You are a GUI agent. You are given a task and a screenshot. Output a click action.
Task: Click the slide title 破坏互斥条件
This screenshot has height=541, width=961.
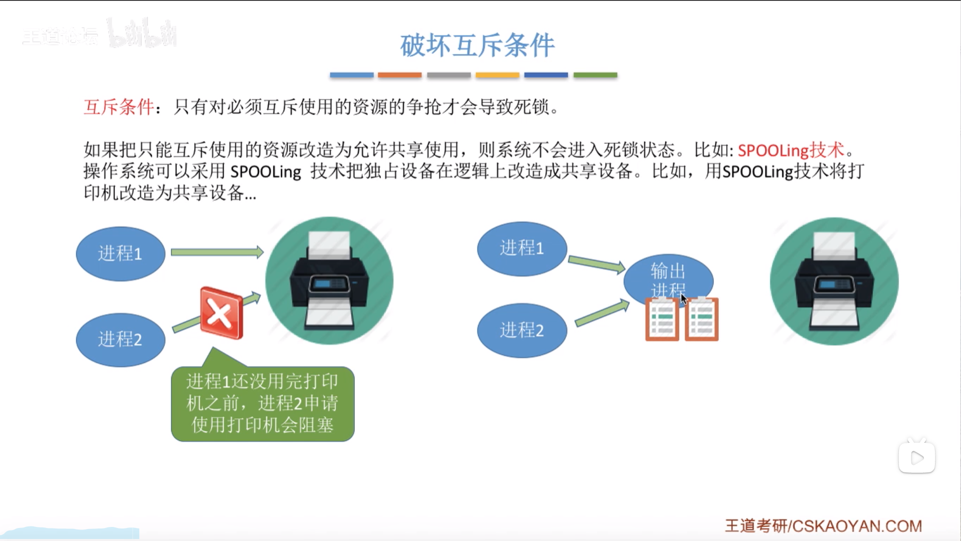coord(477,46)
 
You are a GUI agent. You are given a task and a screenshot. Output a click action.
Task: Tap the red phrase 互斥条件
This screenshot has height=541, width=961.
coord(119,107)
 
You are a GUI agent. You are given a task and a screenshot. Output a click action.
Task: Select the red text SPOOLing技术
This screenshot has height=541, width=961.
coord(791,150)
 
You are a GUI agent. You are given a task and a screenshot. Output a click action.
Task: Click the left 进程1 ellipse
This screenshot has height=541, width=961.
coord(121,253)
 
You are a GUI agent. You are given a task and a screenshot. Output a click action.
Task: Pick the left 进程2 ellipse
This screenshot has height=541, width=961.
coord(121,340)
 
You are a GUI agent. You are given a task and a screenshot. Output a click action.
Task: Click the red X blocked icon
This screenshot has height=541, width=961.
coord(221,314)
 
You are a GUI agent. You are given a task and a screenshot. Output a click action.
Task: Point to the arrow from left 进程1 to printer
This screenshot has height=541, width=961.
coord(217,252)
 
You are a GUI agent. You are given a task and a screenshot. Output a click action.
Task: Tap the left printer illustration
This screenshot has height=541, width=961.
coord(329,281)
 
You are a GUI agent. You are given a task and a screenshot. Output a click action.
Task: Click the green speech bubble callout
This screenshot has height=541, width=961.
coord(263,403)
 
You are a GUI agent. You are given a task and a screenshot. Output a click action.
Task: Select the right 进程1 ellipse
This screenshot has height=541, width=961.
coord(522,248)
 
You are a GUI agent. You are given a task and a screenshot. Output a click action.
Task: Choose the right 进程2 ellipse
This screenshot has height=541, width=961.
coord(522,330)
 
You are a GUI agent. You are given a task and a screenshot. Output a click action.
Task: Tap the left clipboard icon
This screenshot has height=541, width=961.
coord(662,319)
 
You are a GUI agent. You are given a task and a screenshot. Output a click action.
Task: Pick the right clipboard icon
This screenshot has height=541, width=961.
coord(701,319)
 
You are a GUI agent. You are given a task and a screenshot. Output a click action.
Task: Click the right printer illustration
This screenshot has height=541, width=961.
coord(834,281)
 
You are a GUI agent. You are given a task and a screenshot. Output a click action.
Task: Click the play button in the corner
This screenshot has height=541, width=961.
coord(917,457)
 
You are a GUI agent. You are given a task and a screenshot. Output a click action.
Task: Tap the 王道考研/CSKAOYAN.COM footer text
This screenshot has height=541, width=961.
coord(823,526)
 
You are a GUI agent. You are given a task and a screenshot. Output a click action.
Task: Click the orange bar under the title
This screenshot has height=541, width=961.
coord(399,75)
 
